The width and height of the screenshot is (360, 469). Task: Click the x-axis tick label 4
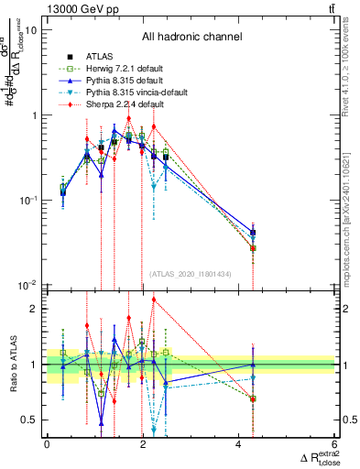pos(239,446)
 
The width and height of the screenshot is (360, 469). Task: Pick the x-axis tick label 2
pos(143,446)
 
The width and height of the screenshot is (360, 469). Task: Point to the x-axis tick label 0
pos(48,446)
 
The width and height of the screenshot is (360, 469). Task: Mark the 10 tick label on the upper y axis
pos(30,30)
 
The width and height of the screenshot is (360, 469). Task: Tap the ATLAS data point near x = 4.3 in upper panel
pos(253,233)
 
